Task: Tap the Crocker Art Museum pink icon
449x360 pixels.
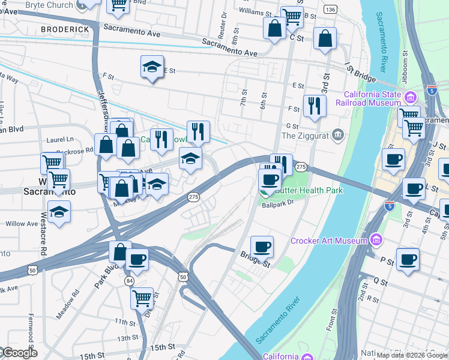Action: pos(376,241)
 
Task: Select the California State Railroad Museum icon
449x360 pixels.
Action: pos(411,97)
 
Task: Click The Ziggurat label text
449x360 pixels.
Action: pos(306,135)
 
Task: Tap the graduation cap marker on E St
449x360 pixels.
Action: pos(152,68)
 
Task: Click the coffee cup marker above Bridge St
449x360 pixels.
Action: pos(261,246)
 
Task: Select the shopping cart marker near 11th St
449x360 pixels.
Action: pos(142,297)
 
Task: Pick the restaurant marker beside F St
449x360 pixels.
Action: pos(315,106)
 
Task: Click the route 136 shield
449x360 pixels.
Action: pos(330,10)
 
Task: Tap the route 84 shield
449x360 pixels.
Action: pos(129,281)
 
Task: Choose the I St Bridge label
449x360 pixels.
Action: pos(360,75)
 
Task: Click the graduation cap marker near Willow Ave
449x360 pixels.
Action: pos(59,212)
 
